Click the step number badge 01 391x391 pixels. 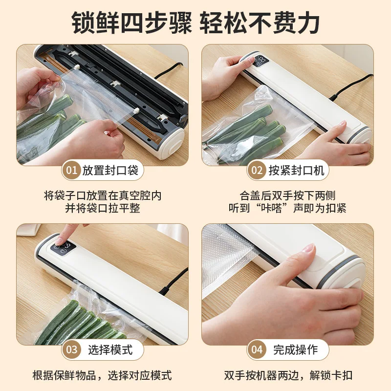pyautogui.click(x=72, y=171)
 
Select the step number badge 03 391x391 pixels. pyautogui.click(x=72, y=350)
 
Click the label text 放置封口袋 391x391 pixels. pyautogui.click(x=110, y=171)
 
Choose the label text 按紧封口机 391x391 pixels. pyautogui.click(x=295, y=171)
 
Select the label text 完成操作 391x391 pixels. pyautogui.click(x=295, y=350)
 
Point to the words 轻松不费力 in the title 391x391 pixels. pyautogui.click(x=261, y=22)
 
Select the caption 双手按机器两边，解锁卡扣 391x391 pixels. pyautogui.click(x=288, y=375)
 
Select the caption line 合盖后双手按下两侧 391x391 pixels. pyautogui.click(x=288, y=195)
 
